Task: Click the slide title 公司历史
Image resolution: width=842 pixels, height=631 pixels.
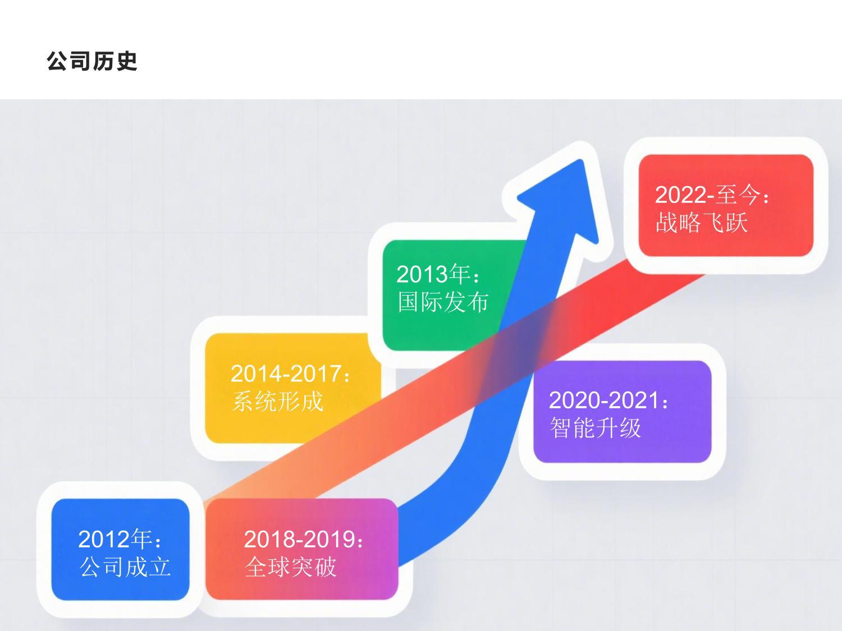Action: click(92, 61)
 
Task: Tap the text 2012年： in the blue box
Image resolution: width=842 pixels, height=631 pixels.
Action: click(121, 540)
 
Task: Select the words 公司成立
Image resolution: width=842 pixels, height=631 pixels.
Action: click(125, 567)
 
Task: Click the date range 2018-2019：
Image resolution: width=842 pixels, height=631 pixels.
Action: click(304, 540)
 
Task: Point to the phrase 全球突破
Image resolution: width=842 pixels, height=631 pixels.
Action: click(291, 567)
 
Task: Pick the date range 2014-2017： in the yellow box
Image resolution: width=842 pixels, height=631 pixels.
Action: click(291, 374)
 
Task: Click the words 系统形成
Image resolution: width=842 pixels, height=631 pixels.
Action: click(278, 402)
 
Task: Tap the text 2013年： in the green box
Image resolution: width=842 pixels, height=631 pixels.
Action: click(438, 275)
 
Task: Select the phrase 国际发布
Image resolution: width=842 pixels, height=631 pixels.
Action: click(443, 302)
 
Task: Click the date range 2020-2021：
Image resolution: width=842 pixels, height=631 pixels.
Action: click(609, 400)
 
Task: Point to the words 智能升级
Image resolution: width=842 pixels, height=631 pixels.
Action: click(595, 428)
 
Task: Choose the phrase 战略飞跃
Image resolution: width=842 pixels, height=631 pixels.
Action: click(702, 223)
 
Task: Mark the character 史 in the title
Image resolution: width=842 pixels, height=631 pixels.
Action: click(126, 61)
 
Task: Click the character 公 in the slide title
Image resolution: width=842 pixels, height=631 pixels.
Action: click(58, 61)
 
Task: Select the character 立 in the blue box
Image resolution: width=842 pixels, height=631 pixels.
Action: click(159, 567)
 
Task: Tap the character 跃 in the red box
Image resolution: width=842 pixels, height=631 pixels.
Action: click(736, 223)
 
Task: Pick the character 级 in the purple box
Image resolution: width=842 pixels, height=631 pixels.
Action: click(630, 428)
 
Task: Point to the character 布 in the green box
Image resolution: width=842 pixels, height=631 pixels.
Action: click(478, 302)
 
